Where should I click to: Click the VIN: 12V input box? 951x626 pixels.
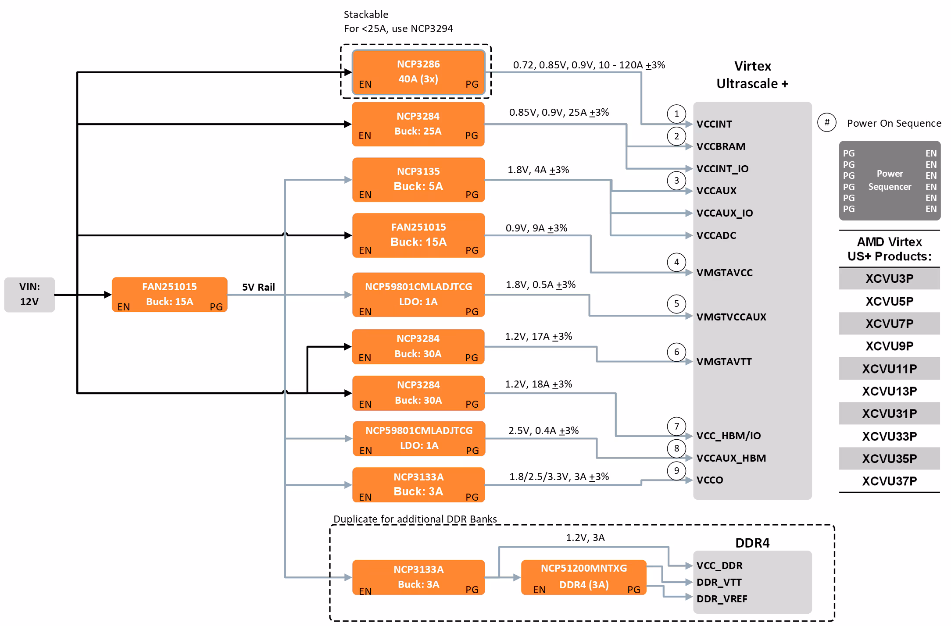[x=29, y=295]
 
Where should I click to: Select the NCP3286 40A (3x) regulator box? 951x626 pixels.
[x=418, y=72]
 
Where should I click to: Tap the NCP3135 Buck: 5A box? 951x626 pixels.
[x=418, y=179]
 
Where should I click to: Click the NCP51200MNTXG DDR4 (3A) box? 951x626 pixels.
[x=583, y=577]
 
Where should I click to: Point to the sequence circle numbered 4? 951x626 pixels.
[x=676, y=262]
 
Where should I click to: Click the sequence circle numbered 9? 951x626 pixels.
[x=676, y=471]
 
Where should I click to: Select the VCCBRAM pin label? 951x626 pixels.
[x=721, y=146]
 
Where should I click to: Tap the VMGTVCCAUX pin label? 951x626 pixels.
[x=731, y=317]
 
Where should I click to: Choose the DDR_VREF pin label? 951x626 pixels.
[x=722, y=599]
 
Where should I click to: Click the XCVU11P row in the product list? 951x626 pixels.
[x=889, y=369]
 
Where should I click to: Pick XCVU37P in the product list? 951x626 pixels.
[x=889, y=481]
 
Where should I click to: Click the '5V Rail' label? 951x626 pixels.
[x=258, y=287]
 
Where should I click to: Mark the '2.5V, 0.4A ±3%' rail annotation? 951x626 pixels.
[x=543, y=430]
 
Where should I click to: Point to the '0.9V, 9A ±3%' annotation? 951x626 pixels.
[x=536, y=228]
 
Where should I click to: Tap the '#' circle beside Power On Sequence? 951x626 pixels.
[x=827, y=122]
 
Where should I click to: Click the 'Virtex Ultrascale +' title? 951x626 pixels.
[x=752, y=75]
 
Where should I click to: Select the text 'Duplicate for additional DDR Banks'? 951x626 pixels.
[x=415, y=519]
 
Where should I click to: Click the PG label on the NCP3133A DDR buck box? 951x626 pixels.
[x=472, y=590]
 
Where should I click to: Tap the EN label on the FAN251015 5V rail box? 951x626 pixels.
[x=123, y=307]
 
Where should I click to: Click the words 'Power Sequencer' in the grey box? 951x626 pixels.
[x=890, y=180]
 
